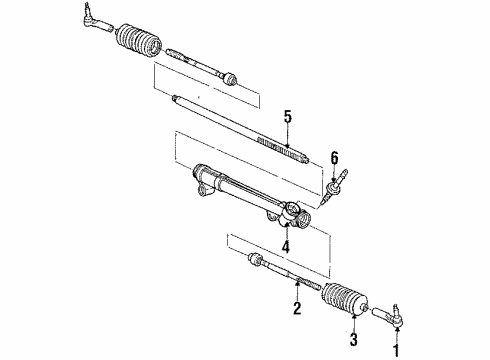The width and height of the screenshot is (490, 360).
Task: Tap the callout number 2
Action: (297, 308)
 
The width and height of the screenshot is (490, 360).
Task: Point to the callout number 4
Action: (284, 246)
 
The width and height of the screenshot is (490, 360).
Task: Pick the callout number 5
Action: (287, 117)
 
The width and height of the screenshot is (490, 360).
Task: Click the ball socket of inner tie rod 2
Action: (256, 262)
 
